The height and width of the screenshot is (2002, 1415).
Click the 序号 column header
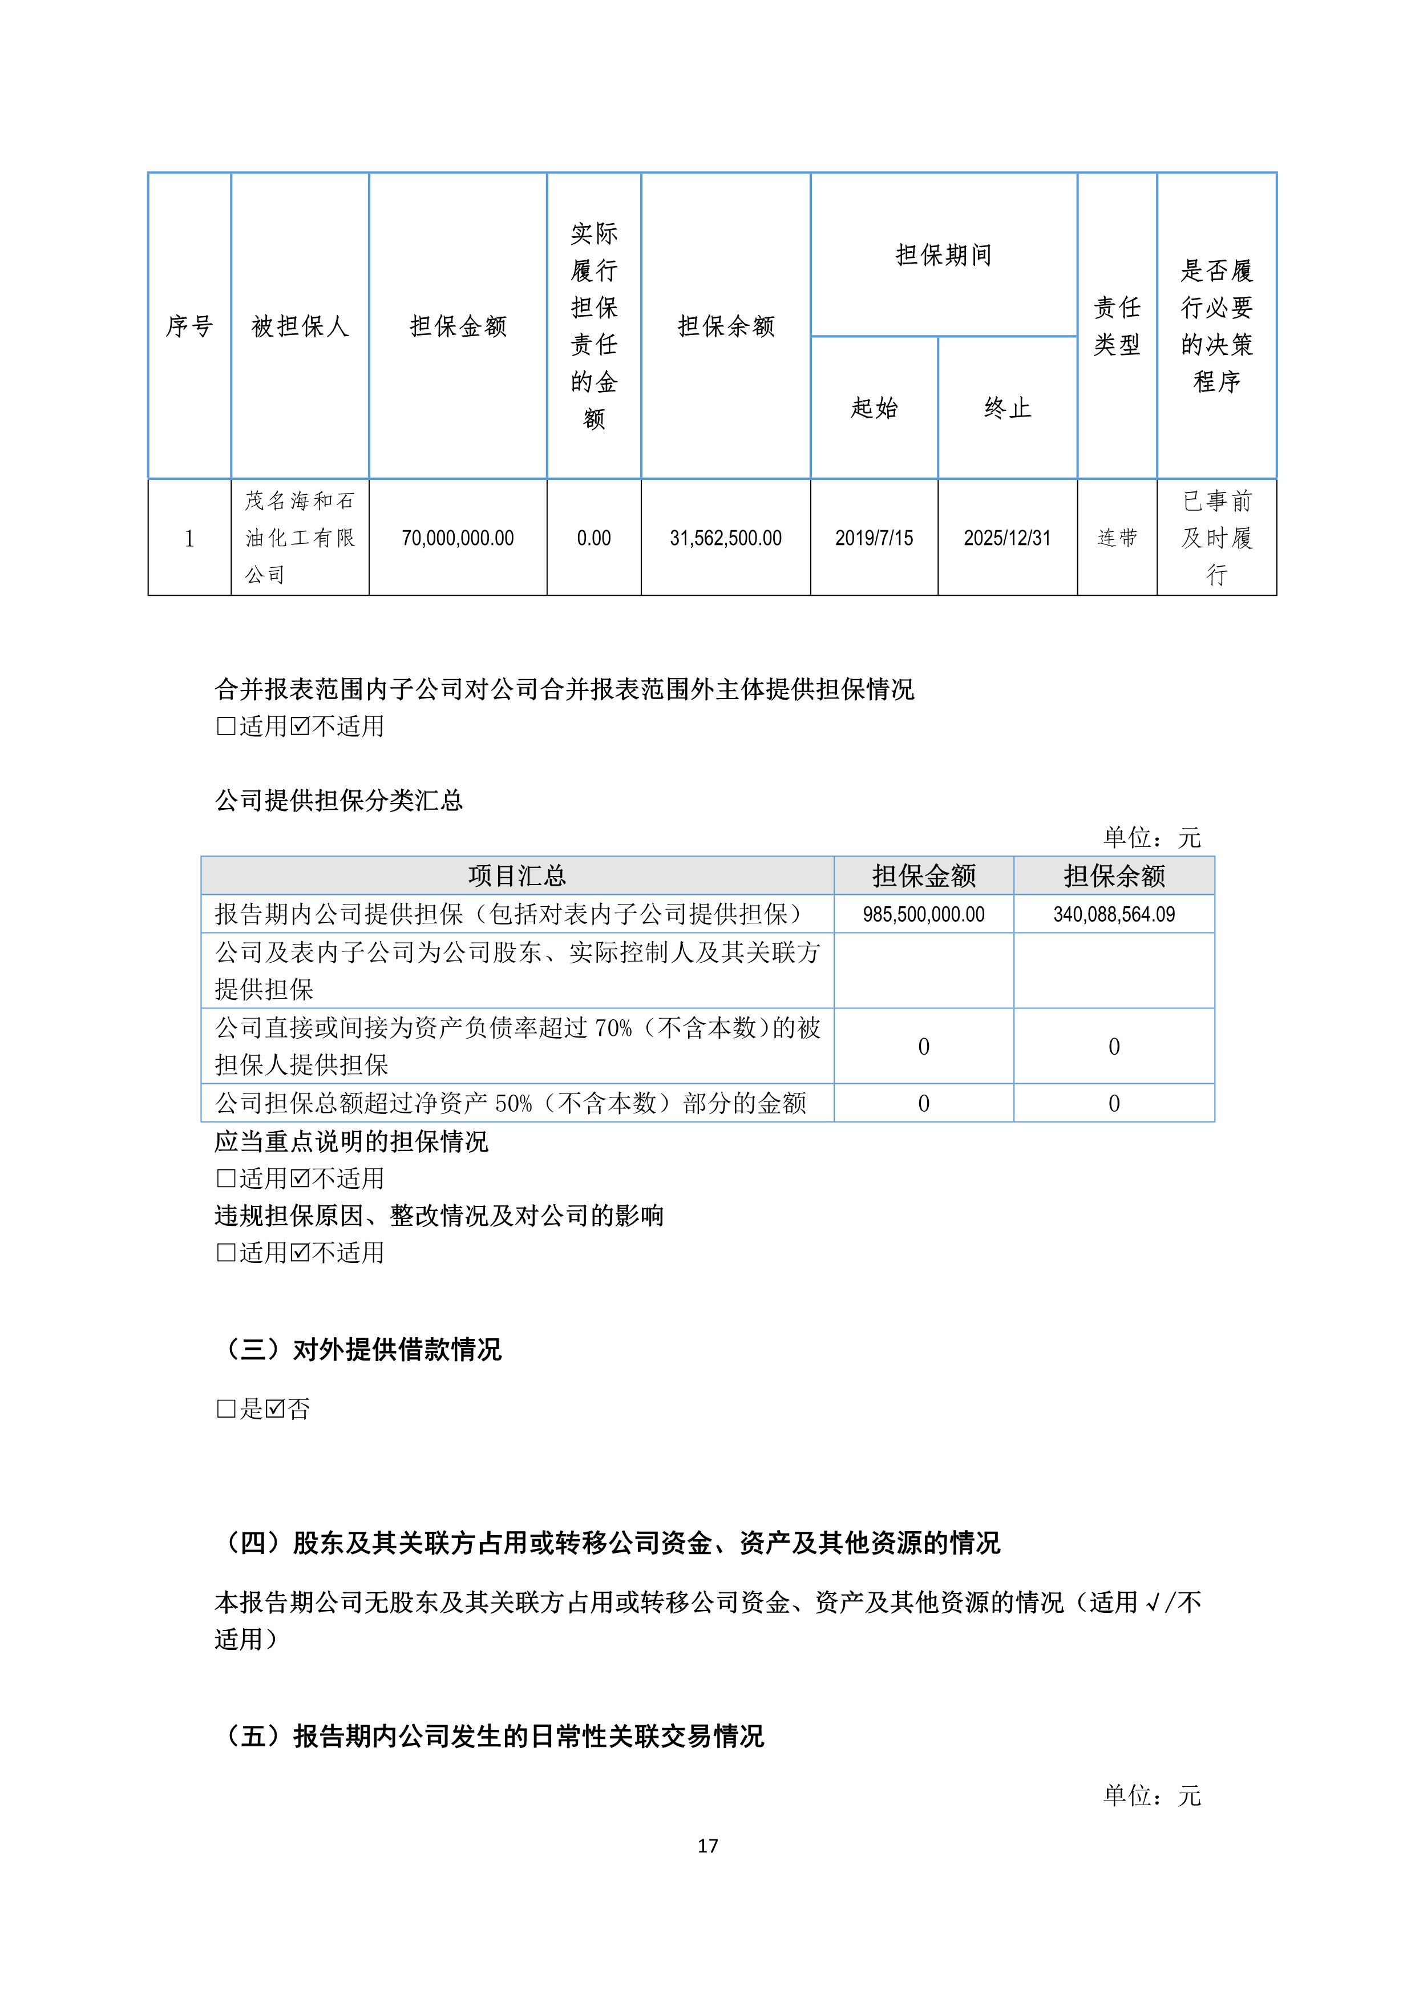coord(189,326)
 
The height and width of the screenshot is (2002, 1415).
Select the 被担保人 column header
coord(300,326)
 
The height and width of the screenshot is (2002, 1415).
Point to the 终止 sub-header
coord(1007,407)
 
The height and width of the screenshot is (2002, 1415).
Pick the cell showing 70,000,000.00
coord(458,538)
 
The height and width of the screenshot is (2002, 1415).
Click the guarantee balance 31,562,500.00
coord(725,538)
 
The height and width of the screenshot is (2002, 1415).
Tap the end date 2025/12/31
coord(1007,538)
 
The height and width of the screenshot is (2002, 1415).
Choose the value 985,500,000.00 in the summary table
coord(923,914)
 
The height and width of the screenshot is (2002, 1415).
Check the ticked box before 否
coord(276,1408)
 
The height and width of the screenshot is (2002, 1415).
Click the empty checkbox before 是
coord(226,1408)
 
